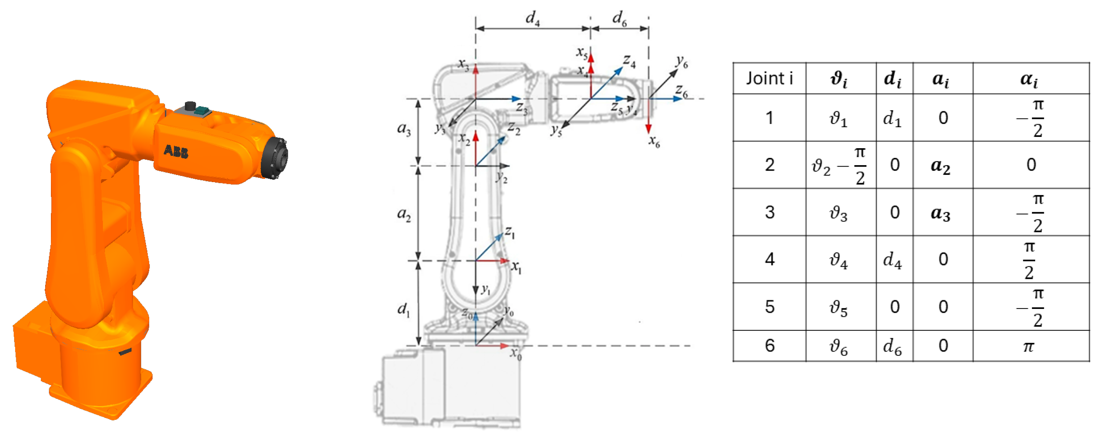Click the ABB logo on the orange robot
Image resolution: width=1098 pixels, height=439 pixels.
[x=176, y=151]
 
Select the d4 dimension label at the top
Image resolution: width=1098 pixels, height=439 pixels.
[x=532, y=18]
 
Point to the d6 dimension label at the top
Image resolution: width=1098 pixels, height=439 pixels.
[x=619, y=18]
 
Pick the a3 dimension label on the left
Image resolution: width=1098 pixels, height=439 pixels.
[x=404, y=128]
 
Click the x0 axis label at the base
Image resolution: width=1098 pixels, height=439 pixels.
[x=516, y=353]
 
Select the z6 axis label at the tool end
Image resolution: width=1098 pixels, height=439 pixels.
[x=682, y=91]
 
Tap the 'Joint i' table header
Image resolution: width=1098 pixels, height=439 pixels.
[x=769, y=78]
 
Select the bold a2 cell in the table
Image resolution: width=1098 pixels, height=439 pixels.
[x=940, y=166]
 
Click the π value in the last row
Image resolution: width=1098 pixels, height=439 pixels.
[x=1029, y=346]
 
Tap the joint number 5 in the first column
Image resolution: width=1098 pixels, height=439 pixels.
[x=769, y=307]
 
